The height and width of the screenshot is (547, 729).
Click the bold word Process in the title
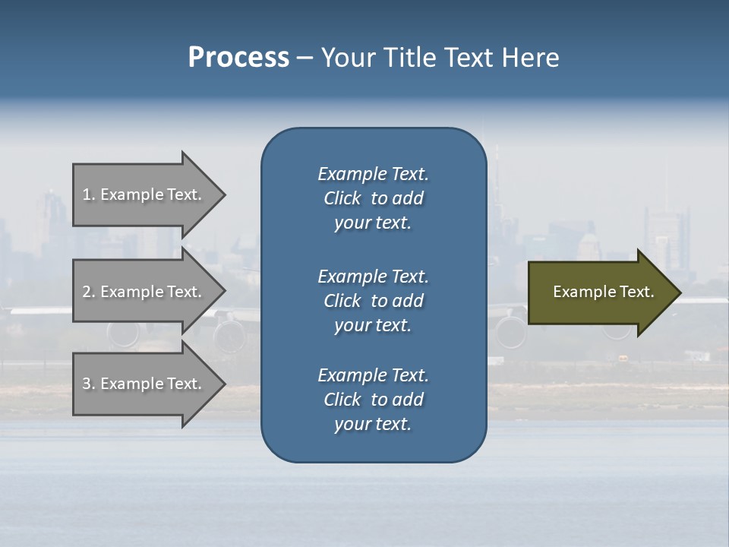(x=238, y=58)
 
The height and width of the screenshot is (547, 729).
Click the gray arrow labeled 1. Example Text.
(x=144, y=194)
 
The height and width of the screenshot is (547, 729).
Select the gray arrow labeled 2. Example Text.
(x=144, y=292)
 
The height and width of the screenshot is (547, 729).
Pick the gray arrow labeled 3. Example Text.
(x=144, y=384)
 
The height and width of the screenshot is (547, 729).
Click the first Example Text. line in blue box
(x=373, y=174)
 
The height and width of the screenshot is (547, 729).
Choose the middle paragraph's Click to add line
(x=373, y=301)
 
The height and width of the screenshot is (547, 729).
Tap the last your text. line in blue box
(x=373, y=425)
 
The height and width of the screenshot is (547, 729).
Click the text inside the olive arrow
(x=603, y=292)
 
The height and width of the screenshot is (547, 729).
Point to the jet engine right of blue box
(x=510, y=331)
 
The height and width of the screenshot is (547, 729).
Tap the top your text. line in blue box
(x=373, y=223)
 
